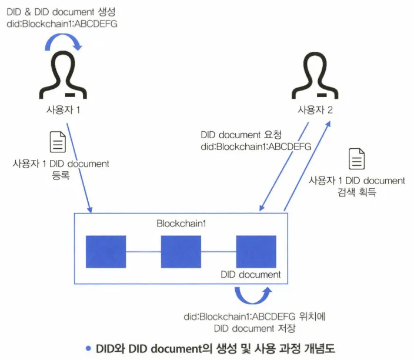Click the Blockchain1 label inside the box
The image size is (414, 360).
point(181,224)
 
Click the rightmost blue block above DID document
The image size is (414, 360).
point(256,252)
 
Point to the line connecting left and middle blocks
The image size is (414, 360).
point(143,252)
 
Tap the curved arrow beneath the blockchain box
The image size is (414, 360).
point(253,295)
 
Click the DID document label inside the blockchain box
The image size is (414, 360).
point(251,275)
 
